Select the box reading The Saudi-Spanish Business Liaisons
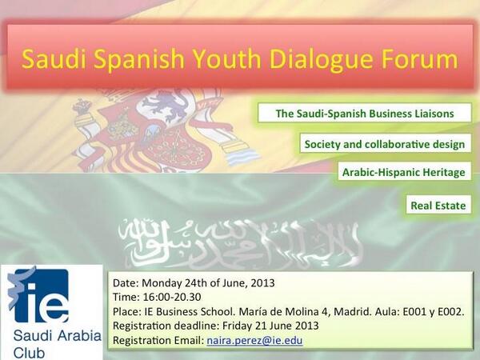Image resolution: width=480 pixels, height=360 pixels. (x=364, y=114)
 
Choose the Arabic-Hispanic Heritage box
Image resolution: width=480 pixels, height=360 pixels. (x=403, y=172)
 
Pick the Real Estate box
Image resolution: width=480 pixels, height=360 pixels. (x=438, y=206)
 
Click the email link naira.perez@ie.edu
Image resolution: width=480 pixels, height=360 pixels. (x=254, y=341)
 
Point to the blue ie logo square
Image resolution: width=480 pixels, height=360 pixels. (x=38, y=295)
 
